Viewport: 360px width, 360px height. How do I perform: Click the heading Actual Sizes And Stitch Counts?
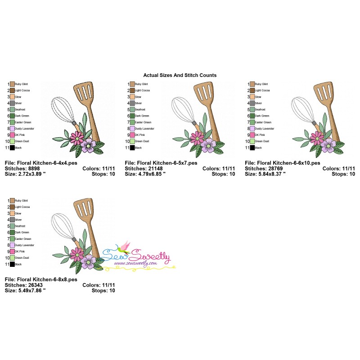pyautogui.click(x=180, y=75)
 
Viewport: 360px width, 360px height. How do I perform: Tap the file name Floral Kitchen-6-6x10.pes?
pyautogui.click(x=289, y=162)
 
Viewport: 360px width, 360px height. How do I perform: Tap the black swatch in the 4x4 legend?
pyautogui.click(x=12, y=148)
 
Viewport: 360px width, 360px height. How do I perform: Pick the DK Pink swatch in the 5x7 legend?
pyautogui.click(x=132, y=135)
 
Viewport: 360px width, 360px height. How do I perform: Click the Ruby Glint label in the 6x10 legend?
pyautogui.click(x=261, y=84)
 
